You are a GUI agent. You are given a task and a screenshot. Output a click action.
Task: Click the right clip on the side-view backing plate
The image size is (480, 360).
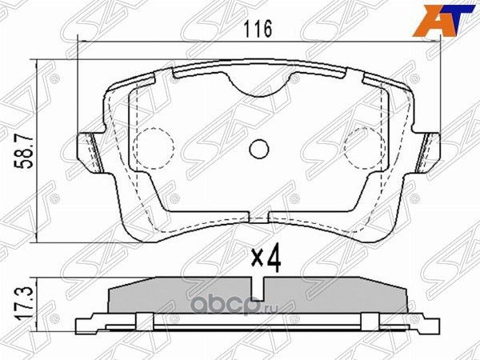(370, 322)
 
